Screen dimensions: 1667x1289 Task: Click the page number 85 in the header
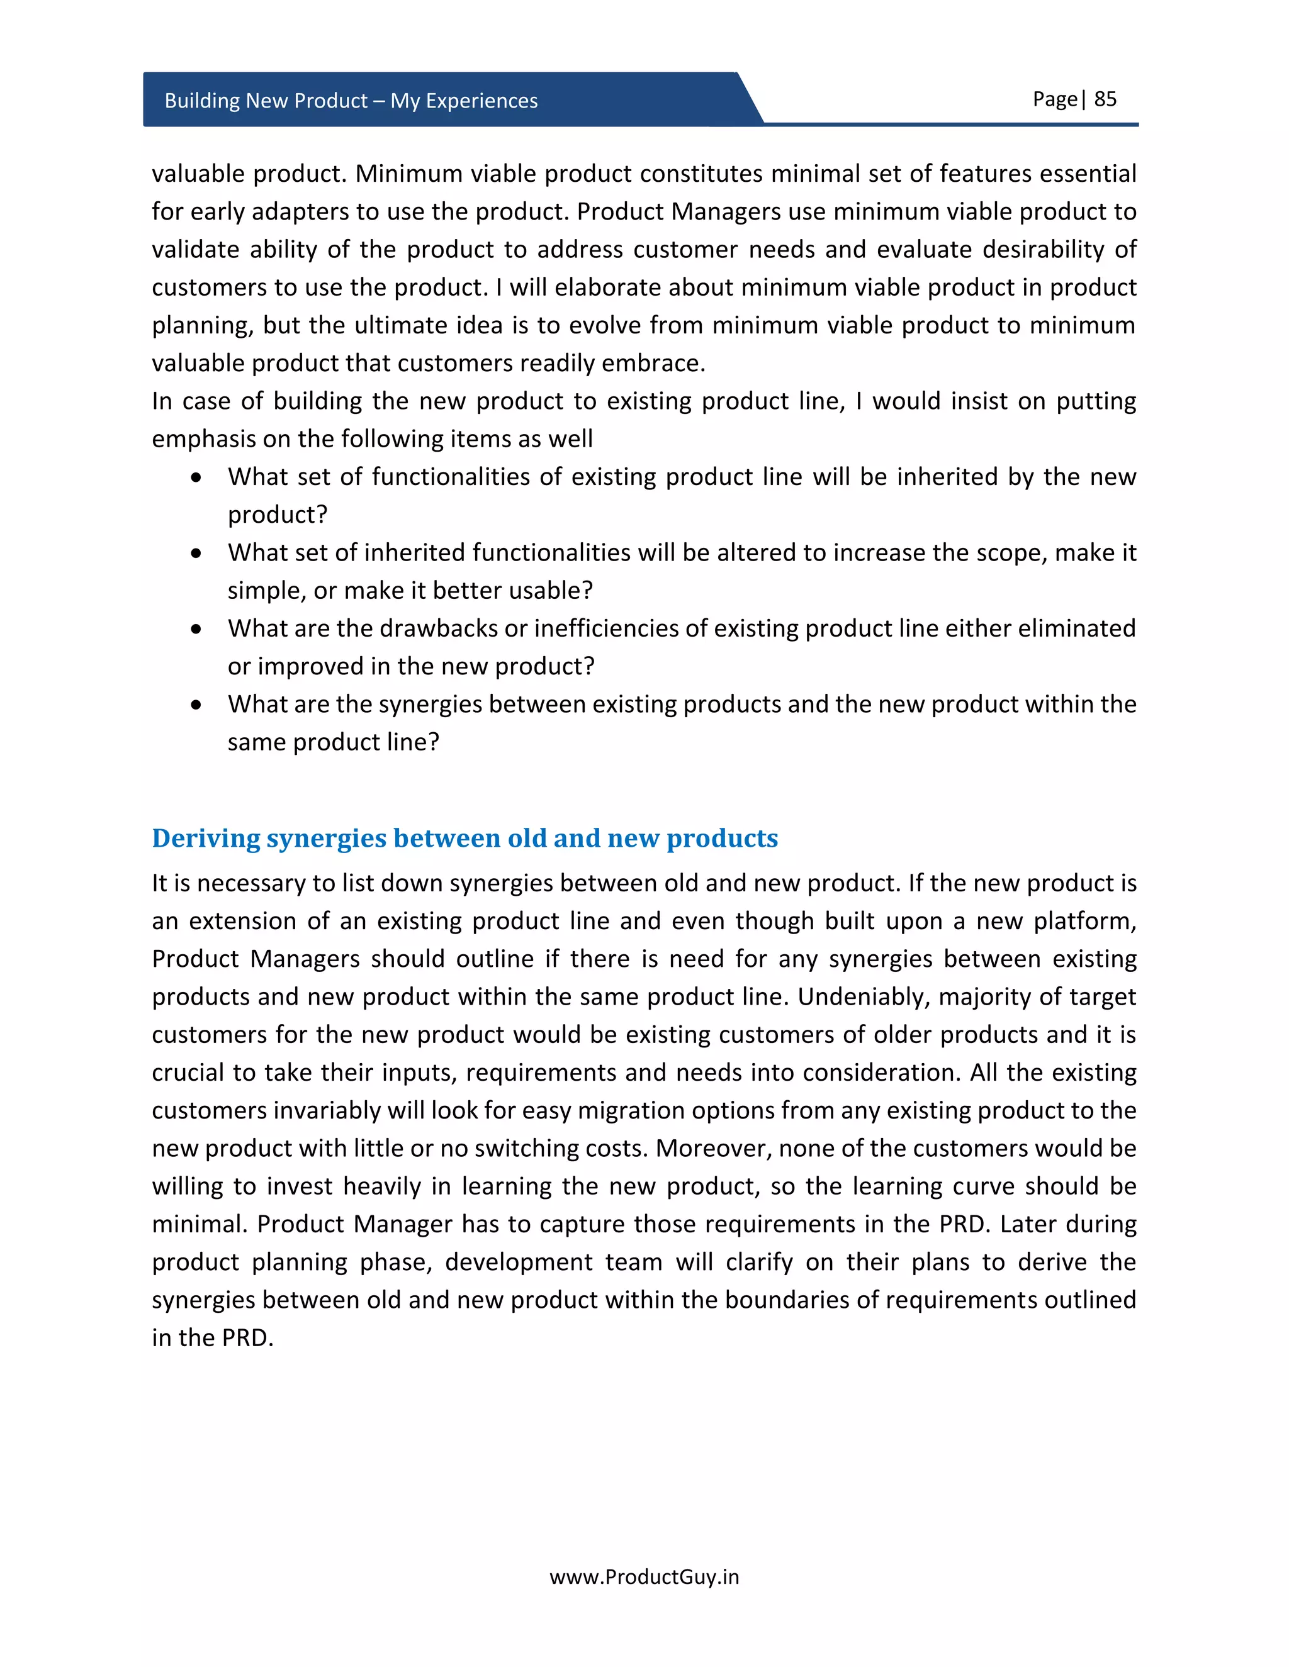1105,99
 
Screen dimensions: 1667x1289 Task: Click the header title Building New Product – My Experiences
351,101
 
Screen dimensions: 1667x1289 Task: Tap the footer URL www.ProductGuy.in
644,1577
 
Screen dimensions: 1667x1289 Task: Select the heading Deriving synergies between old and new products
464,838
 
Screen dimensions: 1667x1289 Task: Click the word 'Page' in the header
1055,99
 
